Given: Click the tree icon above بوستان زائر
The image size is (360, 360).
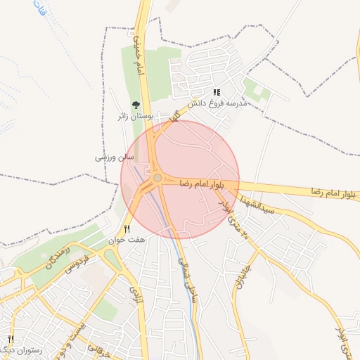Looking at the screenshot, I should tap(135, 105).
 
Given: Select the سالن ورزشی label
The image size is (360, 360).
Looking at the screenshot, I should tap(110, 157).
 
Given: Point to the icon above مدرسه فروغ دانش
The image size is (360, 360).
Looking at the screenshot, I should tap(217, 92).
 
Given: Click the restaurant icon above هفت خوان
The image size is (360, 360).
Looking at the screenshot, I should tap(127, 229).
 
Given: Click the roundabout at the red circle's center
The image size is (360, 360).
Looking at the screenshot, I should tap(158, 179).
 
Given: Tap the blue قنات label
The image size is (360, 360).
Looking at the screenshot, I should tap(37, 12).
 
